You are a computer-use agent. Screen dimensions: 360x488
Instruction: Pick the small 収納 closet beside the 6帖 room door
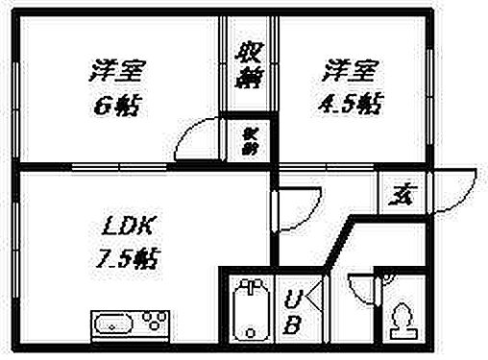pyautogui.click(x=248, y=141)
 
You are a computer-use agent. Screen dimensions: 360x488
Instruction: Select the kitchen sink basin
pyautogui.click(x=114, y=323)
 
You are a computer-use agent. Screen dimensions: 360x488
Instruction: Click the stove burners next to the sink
pyautogui.click(x=152, y=320)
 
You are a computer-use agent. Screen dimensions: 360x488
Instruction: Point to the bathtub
pyautogui.click(x=253, y=308)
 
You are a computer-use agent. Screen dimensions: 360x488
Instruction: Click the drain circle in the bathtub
pyautogui.click(x=253, y=288)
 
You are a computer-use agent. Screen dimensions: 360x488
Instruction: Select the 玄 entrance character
pyautogui.click(x=397, y=198)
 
